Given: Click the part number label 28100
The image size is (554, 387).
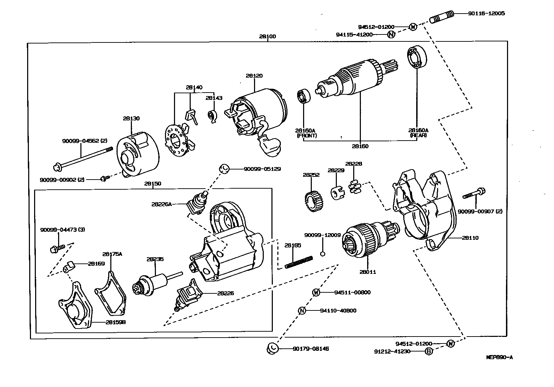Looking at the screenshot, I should click(x=267, y=36).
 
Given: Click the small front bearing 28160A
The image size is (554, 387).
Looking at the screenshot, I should click(x=303, y=96).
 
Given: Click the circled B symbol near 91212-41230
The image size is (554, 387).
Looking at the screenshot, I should click(x=429, y=352).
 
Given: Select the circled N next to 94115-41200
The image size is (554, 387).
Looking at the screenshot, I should click(x=391, y=34).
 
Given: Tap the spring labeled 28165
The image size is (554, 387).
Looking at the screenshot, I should click(x=299, y=262).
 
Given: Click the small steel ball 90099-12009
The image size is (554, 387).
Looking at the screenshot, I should click(x=323, y=253).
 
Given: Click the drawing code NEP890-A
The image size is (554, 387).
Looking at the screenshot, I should click(x=499, y=357).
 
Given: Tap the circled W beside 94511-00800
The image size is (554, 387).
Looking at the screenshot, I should click(x=316, y=292).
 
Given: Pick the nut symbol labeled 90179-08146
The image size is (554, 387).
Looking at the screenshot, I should click(x=272, y=348).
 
